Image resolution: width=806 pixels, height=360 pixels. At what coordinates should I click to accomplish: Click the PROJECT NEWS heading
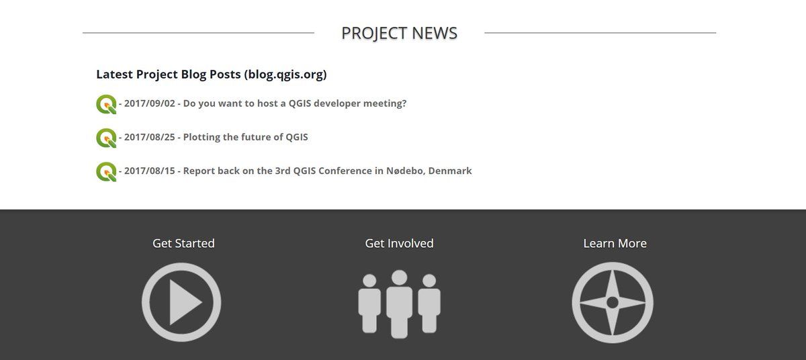(x=400, y=33)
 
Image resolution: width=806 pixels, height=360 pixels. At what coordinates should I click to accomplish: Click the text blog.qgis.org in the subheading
(x=285, y=75)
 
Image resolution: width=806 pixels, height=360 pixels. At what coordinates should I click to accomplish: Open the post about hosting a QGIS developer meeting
(x=295, y=103)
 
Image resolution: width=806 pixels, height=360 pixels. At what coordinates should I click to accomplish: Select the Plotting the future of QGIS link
(x=245, y=137)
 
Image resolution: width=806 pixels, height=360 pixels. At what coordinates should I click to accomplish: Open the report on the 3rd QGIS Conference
(x=328, y=171)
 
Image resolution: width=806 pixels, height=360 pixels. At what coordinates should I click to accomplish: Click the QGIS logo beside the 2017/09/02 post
(x=106, y=104)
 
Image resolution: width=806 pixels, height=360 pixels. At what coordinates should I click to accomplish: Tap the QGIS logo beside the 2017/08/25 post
(x=106, y=138)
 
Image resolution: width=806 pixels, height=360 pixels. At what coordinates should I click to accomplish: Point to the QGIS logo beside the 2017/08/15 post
(x=106, y=172)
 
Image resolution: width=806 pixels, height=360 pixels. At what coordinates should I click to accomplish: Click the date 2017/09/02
(x=149, y=103)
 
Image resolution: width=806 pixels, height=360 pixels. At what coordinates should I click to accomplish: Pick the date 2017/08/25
(x=149, y=137)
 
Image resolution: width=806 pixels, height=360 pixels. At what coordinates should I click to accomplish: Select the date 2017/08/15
(x=149, y=171)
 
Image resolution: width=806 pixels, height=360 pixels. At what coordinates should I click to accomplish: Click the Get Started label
(x=183, y=244)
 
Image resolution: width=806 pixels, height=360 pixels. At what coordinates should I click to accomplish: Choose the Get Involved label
(x=400, y=244)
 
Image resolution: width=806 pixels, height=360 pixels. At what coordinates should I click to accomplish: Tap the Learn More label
(x=615, y=244)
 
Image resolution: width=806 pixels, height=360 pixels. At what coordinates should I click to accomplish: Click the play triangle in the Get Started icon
(x=183, y=302)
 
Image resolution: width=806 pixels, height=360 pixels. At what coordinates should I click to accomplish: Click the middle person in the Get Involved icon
(x=400, y=304)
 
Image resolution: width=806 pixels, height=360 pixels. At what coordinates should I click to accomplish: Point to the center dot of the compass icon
(x=613, y=302)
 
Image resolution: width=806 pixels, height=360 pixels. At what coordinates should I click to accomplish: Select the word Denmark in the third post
(x=450, y=171)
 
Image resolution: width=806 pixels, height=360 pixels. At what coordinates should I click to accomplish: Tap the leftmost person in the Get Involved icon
(x=369, y=304)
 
